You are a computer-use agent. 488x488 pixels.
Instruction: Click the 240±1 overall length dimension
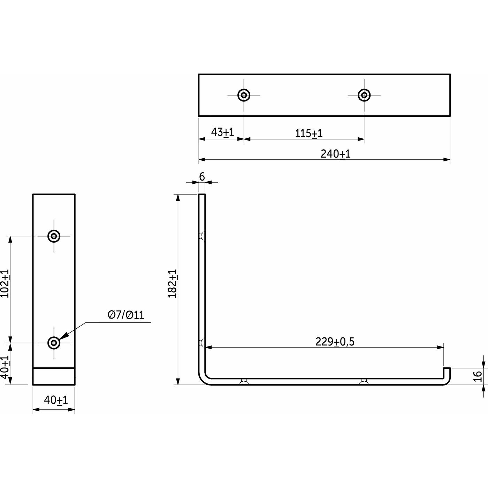335,154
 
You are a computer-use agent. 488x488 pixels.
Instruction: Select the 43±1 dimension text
222,132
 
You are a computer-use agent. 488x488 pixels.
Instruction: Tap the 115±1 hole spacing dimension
309,133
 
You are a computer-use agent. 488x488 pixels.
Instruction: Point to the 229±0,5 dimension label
335,342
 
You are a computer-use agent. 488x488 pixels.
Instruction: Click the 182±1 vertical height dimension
173,283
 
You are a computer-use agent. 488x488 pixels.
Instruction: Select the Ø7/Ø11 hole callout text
126,315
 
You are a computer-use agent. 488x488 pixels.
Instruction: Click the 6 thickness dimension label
202,177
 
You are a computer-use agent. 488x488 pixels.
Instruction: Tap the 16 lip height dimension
478,375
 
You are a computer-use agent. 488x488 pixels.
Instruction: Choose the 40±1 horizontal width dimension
56,400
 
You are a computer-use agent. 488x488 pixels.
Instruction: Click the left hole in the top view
244,94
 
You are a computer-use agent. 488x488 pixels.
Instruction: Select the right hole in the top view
364,94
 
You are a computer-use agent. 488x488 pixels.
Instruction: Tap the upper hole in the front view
54,236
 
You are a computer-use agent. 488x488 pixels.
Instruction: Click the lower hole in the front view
54,343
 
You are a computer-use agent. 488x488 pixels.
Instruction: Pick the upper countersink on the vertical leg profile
201,237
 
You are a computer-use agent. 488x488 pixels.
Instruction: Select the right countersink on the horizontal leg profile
364,382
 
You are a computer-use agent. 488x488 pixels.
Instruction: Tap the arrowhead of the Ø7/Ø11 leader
61,338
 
